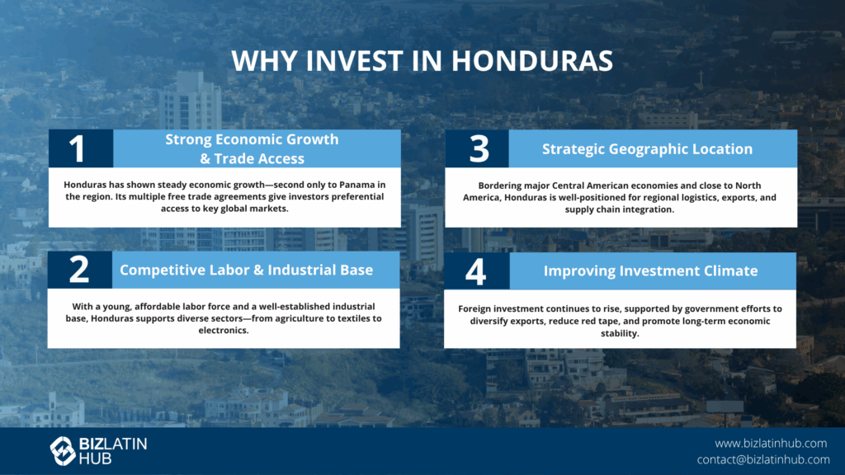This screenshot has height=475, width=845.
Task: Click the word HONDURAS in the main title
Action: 532,60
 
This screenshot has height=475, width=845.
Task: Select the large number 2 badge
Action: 78,270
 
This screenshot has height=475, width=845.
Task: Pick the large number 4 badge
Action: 476,271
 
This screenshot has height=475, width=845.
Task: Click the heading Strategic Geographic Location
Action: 647,149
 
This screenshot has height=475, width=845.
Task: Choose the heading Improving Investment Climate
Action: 650,270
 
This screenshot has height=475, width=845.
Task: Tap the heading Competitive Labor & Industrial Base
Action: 246,270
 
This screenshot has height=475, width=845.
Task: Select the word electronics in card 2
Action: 223,330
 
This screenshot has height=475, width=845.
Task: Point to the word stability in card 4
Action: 620,333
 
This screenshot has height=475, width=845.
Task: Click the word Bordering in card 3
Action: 499,186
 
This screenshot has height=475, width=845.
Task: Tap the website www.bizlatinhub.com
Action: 771,443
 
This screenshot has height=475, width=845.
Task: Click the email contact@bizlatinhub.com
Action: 763,459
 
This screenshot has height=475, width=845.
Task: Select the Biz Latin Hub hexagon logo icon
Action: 63,451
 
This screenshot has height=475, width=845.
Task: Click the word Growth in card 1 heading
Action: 313,139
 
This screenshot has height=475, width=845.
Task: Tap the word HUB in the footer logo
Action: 96,459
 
